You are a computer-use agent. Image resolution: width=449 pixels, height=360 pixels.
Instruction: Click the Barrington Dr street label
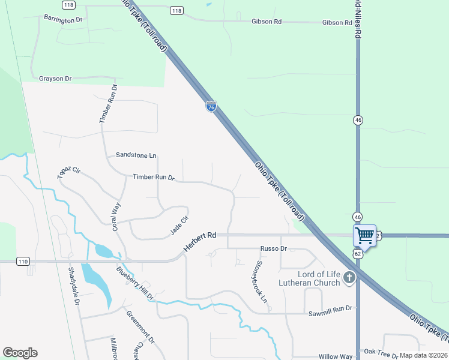point(62,19)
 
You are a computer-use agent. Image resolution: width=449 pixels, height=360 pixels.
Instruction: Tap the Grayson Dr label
point(55,79)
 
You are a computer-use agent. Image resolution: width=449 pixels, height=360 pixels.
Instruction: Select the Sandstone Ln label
point(136,155)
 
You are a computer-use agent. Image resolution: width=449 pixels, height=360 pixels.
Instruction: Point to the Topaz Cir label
point(68,173)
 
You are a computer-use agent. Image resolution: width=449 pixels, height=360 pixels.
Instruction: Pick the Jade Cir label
point(179,225)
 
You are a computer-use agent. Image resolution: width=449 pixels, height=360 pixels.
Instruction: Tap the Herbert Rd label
point(199,242)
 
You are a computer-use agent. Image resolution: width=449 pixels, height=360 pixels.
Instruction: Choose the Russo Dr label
point(274,248)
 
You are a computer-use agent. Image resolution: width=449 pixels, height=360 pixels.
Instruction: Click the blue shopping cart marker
point(364,235)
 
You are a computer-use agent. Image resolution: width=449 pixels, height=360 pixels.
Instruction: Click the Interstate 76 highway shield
point(211,106)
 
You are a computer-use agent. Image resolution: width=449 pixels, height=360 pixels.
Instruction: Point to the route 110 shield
point(23,261)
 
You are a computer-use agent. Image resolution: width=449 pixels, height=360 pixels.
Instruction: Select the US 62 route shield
point(357,254)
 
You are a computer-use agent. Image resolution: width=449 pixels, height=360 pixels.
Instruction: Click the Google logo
point(20,353)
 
